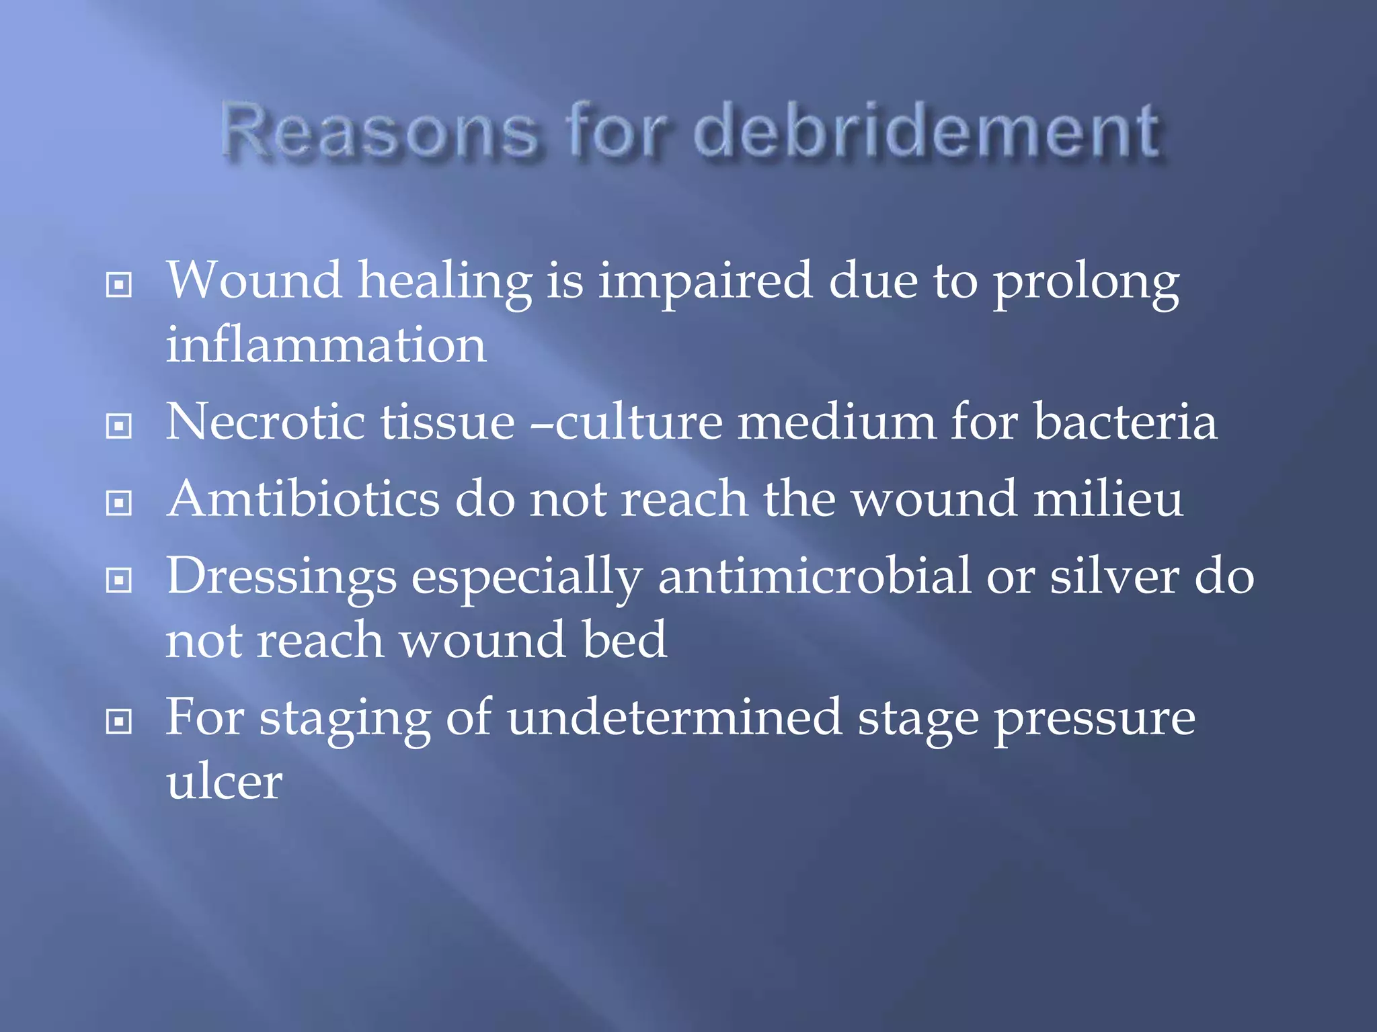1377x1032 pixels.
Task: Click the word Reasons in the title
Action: click(x=380, y=131)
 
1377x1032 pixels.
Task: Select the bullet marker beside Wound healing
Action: click(x=119, y=285)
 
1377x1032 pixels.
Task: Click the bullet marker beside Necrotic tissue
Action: click(x=119, y=426)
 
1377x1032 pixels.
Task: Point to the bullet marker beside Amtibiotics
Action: click(x=119, y=503)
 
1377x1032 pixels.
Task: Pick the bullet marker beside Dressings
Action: click(x=119, y=580)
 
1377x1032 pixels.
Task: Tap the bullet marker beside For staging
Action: click(x=119, y=722)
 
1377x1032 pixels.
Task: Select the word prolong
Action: click(x=1086, y=282)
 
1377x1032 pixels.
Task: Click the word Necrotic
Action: click(x=266, y=422)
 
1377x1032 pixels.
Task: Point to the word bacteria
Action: click(x=1125, y=422)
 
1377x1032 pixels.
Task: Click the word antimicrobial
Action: click(x=814, y=576)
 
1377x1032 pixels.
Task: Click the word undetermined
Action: click(x=674, y=718)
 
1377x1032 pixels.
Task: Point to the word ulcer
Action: click(x=225, y=782)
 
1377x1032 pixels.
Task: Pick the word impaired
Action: click(x=705, y=282)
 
